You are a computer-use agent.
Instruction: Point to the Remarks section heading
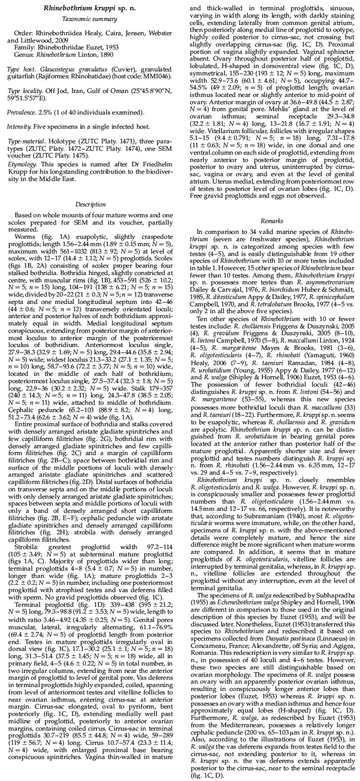[272, 221]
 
